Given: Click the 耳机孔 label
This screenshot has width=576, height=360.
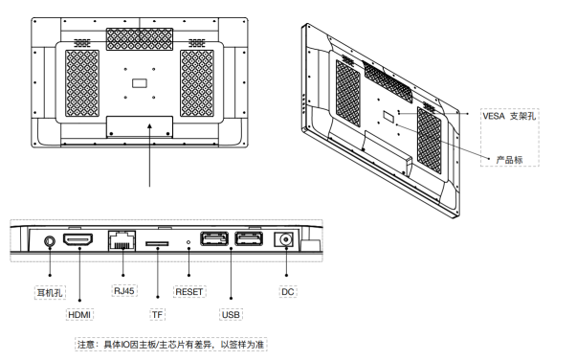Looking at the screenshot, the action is [x=50, y=293].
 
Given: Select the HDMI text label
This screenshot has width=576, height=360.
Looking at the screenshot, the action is [x=79, y=315].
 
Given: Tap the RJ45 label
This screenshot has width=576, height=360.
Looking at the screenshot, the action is [x=124, y=291].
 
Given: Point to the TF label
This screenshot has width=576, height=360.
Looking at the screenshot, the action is [x=157, y=315].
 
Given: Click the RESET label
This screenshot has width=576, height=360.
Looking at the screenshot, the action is [x=189, y=292].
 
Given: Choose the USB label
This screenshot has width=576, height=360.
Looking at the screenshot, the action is [x=231, y=315].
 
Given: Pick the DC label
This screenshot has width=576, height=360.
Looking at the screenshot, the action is [x=287, y=292].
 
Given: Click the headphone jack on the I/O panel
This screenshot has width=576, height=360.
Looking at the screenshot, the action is [x=50, y=241].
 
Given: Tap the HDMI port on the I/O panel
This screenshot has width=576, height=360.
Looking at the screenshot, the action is [x=78, y=239].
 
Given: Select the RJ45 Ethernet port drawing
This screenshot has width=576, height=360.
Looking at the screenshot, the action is [x=122, y=240].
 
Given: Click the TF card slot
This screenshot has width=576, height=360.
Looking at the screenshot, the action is [x=157, y=243].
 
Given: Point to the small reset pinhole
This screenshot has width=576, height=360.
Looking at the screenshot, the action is [x=188, y=242].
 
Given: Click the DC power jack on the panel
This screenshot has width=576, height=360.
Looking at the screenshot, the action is [x=284, y=239].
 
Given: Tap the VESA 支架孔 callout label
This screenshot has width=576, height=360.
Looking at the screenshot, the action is [x=509, y=116].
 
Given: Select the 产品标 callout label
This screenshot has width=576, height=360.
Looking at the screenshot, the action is [x=509, y=160].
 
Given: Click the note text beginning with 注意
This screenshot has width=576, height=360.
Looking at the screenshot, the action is [x=171, y=345].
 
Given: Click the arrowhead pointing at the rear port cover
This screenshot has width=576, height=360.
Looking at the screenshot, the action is [x=149, y=126].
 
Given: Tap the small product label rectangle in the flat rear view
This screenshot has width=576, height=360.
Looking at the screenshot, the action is [x=140, y=83].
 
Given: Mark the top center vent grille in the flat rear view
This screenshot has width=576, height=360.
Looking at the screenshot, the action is [x=140, y=39].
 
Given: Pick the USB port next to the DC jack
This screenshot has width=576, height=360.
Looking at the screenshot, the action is [x=249, y=239].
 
